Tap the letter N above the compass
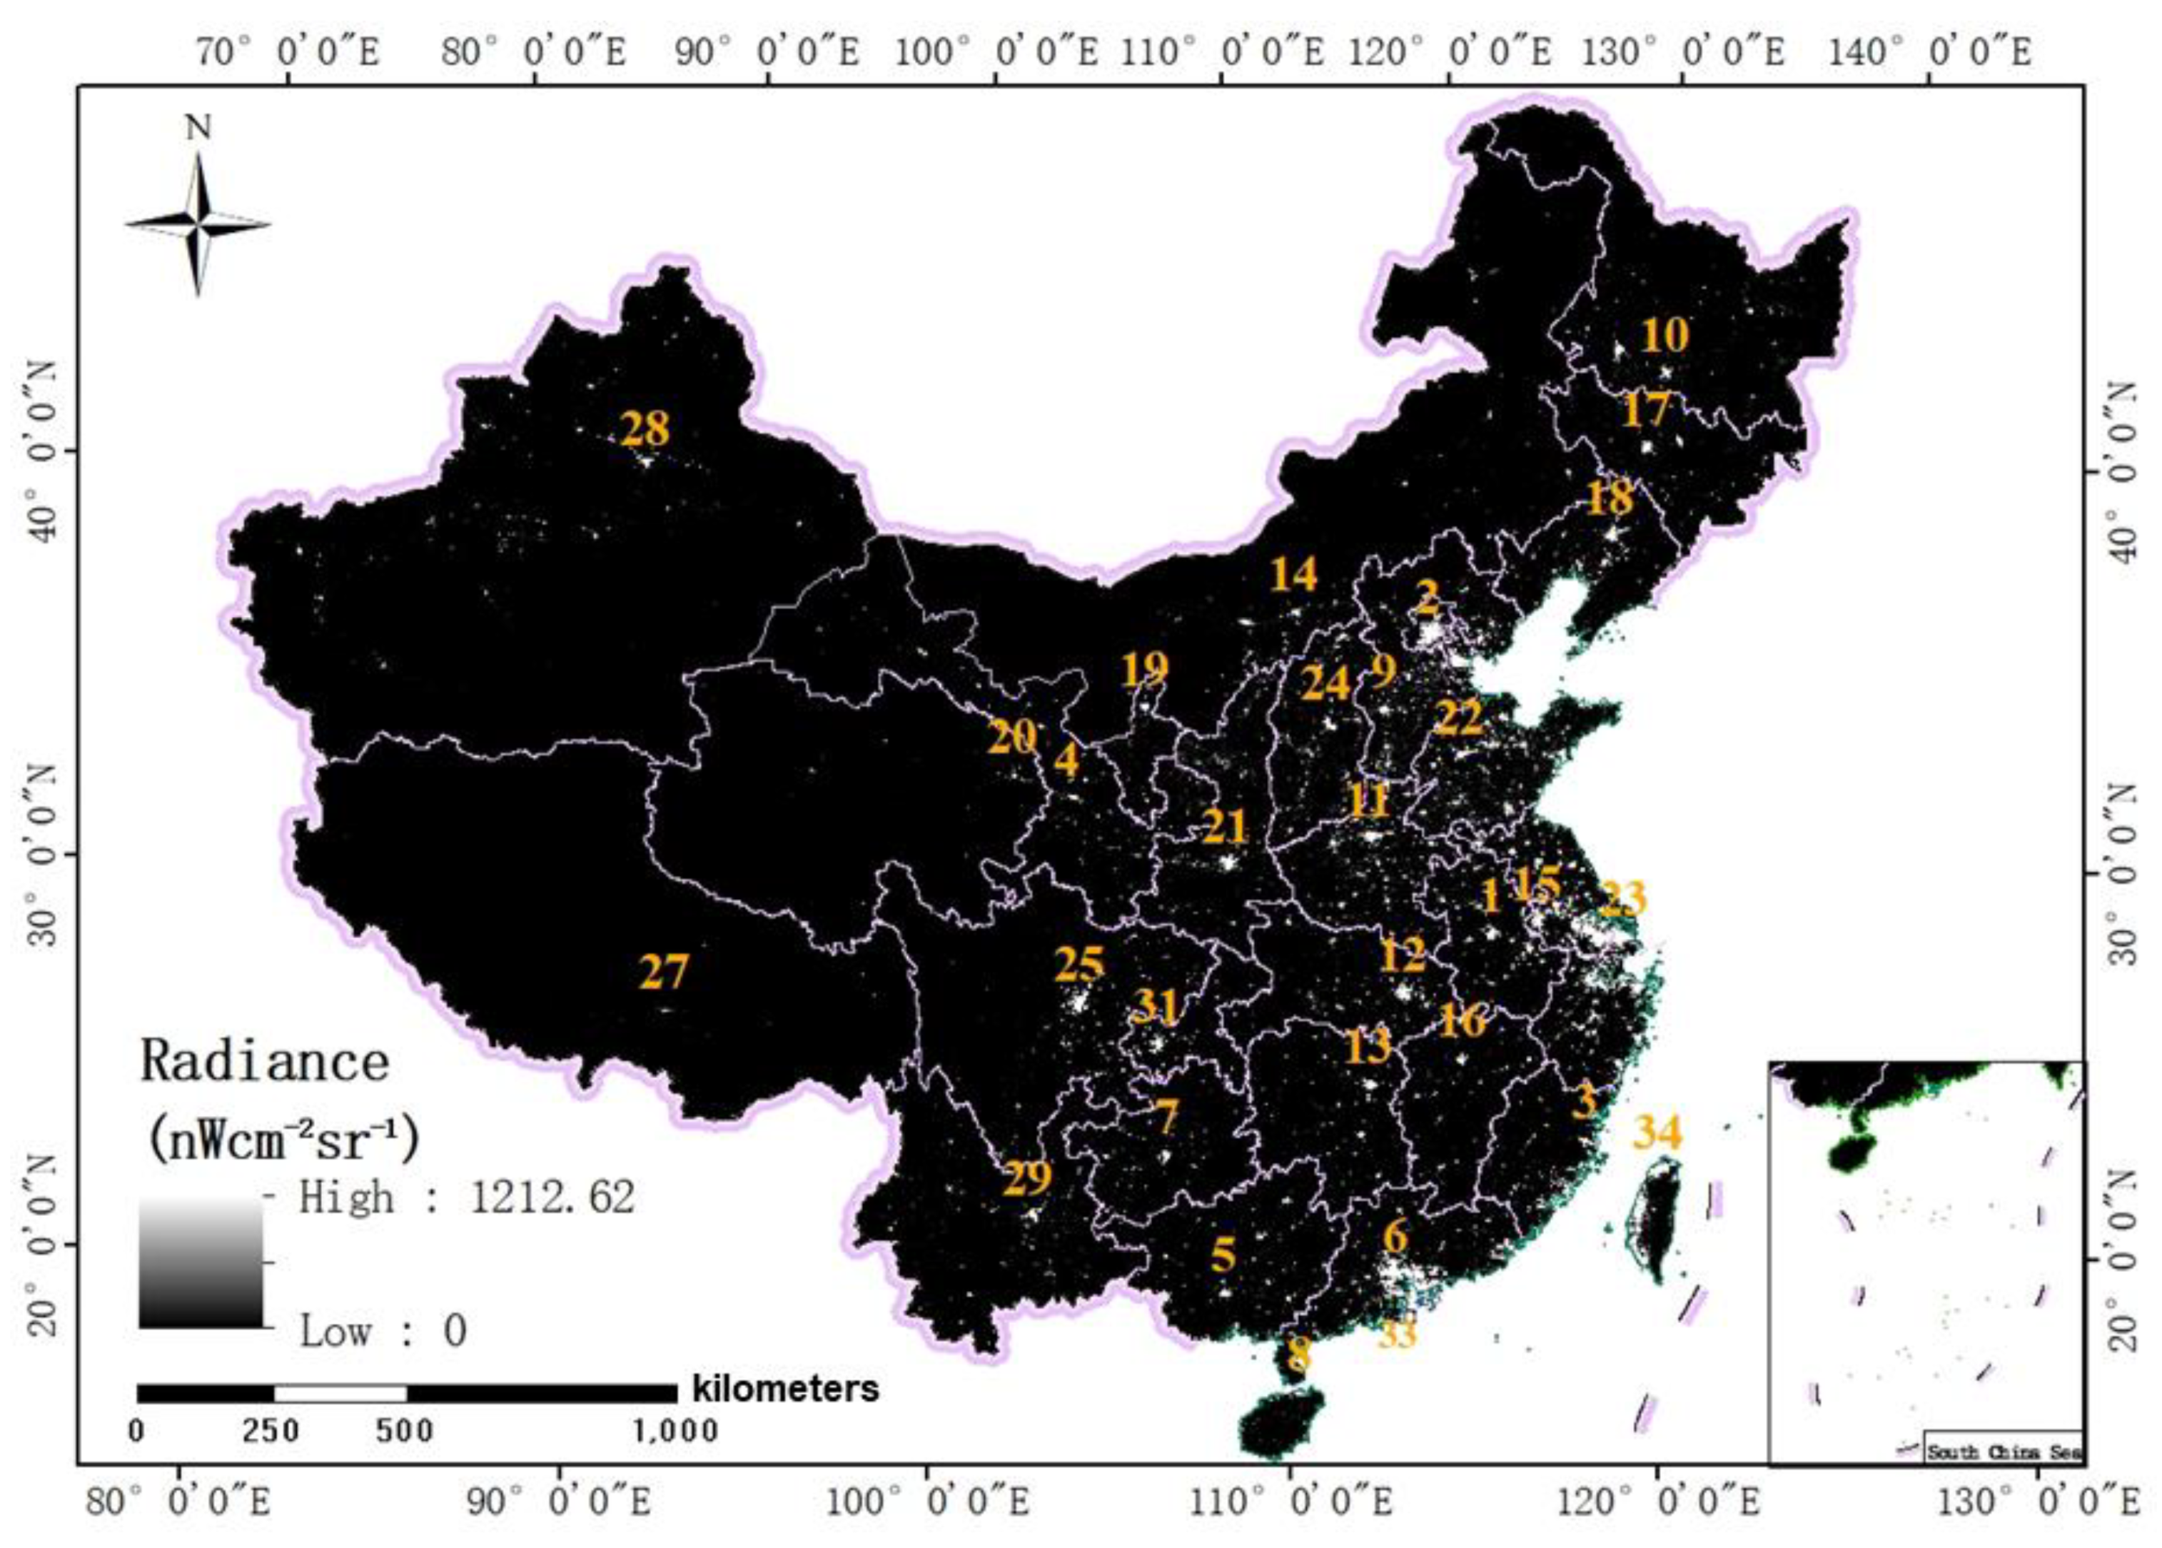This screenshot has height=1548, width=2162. [198, 129]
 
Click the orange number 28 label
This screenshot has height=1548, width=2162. [645, 429]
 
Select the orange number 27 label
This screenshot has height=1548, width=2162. [663, 972]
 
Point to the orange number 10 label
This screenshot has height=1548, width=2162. [1665, 335]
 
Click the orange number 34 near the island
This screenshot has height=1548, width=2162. [1658, 1132]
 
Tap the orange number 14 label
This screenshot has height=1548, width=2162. [1294, 574]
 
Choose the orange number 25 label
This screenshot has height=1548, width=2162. [1079, 965]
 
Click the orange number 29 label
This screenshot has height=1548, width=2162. [1026, 1179]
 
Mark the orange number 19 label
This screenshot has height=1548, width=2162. [1143, 669]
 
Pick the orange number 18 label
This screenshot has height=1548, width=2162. [1610, 498]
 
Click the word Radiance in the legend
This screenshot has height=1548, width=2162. [265, 1062]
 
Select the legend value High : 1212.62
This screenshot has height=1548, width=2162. [467, 1197]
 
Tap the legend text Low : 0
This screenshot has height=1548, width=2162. [383, 1331]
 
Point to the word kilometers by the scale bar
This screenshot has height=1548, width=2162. [786, 1389]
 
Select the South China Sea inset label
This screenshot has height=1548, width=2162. [2003, 1479]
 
